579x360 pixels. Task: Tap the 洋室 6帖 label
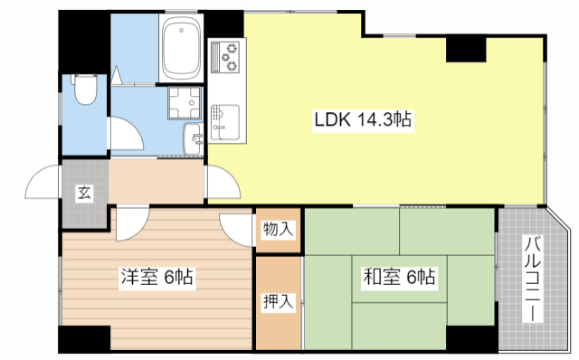(x=158, y=277)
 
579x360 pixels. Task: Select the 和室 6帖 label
(x=399, y=277)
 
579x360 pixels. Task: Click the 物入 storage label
(x=278, y=230)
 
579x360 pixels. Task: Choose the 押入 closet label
(x=278, y=302)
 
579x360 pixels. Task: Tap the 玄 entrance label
(x=83, y=193)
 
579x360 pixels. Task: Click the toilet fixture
(x=85, y=90)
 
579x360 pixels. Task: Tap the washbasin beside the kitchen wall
(x=193, y=139)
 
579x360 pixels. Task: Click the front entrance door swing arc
(x=43, y=185)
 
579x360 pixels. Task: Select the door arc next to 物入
(x=238, y=226)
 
